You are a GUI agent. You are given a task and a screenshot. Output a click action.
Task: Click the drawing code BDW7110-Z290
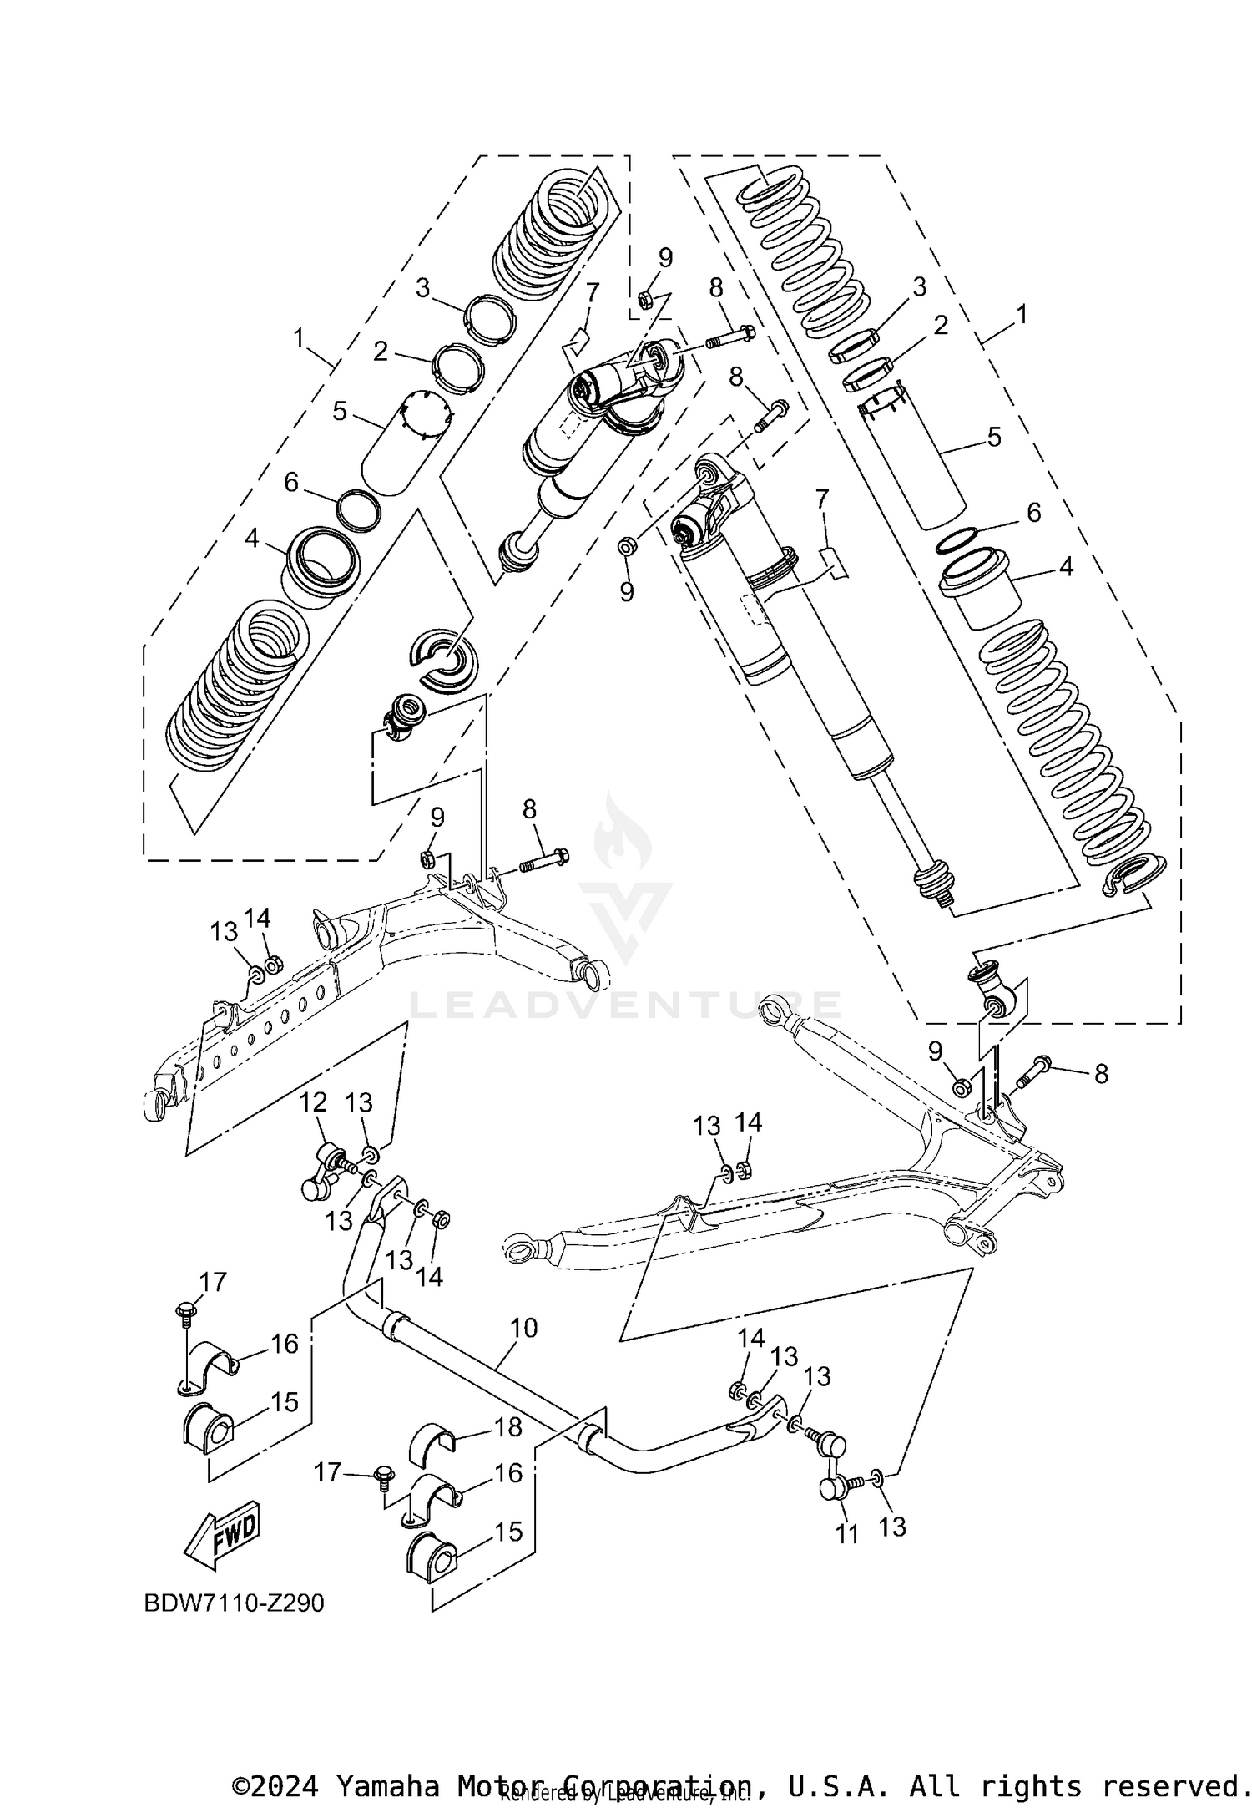(x=234, y=1604)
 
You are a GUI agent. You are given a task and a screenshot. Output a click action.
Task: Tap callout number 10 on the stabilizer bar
(x=523, y=1328)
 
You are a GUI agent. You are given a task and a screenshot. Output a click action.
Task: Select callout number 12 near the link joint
(x=313, y=1102)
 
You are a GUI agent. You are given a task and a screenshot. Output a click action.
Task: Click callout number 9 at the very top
(x=665, y=257)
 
